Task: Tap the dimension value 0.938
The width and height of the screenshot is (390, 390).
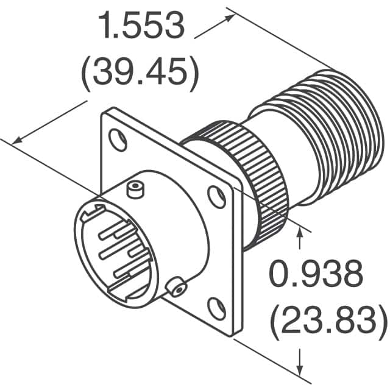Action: [x=317, y=275]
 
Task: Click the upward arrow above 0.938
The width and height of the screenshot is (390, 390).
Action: [x=299, y=231]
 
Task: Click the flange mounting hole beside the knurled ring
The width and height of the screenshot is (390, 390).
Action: [x=216, y=196]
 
